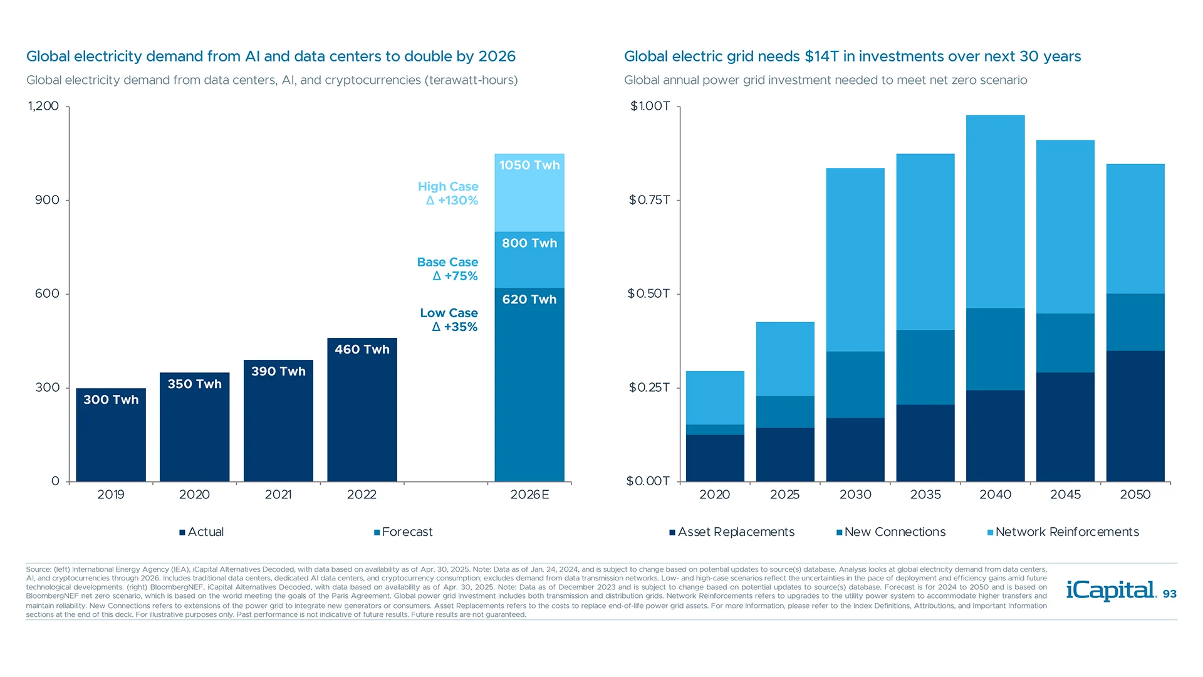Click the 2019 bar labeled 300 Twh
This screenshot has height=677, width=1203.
(x=111, y=435)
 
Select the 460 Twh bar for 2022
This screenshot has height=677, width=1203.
(x=362, y=410)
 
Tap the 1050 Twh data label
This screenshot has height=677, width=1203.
(x=529, y=165)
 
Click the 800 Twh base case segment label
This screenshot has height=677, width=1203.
(x=529, y=243)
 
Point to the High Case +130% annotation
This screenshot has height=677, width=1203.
(x=448, y=194)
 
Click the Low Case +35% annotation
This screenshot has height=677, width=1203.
(x=449, y=320)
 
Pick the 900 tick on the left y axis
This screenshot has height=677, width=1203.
(x=47, y=200)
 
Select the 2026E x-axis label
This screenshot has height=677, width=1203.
(x=529, y=495)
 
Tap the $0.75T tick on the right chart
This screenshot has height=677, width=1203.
(x=649, y=200)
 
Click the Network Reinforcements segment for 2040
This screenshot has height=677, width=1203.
(x=995, y=211)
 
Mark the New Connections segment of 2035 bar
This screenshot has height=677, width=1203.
(x=925, y=367)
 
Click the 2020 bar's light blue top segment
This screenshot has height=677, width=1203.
(x=715, y=397)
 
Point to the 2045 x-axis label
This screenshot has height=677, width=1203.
(x=1065, y=495)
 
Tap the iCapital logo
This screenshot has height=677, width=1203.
(x=1110, y=590)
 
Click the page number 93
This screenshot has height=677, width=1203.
(x=1169, y=594)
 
